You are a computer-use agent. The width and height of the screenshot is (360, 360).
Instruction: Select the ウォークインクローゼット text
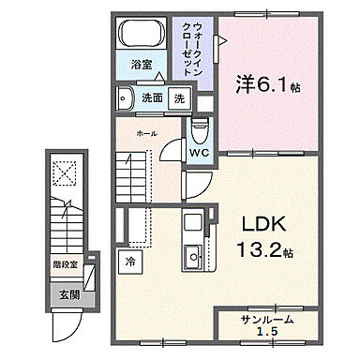[192, 48]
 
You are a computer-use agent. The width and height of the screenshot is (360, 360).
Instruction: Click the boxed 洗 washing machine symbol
[178, 97]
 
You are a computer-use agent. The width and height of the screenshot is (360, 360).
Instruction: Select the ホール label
[146, 134]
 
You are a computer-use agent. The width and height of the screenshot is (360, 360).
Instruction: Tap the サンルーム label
[264, 319]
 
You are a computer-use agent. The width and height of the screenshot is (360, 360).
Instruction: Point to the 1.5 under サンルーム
[265, 333]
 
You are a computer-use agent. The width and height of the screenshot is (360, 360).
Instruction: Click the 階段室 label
[64, 265]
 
